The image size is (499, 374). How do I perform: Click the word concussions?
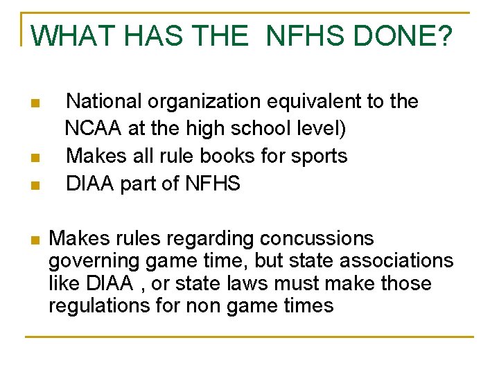pos(317,239)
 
